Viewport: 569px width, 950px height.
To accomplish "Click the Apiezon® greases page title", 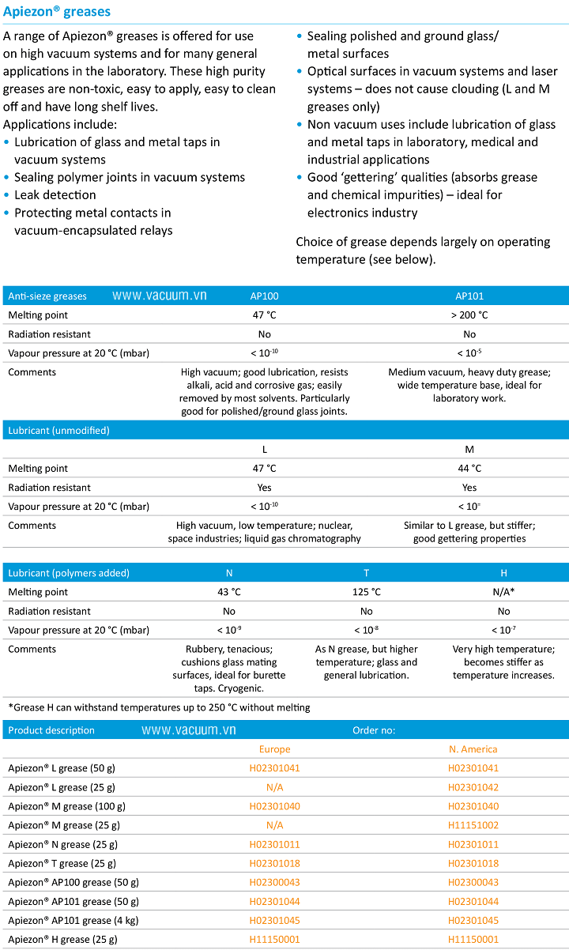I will point(57,12).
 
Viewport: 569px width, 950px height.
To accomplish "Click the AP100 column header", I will point(264,296).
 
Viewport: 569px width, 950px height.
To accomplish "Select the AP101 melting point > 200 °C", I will point(469,315).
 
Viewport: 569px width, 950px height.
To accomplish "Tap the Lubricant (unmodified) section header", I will point(58,431).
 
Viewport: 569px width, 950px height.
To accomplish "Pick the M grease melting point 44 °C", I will point(469,469).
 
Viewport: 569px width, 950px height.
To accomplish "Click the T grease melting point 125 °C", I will point(366,592).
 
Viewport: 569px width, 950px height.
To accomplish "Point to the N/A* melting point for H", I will point(503,592).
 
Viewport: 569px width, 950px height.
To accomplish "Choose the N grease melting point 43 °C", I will point(229,592).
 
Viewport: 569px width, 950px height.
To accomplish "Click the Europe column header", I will point(274,749).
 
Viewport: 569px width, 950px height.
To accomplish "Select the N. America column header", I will point(473,749).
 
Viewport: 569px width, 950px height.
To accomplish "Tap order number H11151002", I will point(473,825).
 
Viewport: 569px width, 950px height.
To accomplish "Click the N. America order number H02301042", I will point(473,787).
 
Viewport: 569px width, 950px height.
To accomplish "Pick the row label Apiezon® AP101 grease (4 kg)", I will point(73,920).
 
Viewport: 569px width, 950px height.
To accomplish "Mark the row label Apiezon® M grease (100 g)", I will point(66,806).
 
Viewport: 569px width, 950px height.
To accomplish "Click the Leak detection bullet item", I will point(55,195).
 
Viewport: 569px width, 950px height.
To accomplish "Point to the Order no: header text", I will point(374,730).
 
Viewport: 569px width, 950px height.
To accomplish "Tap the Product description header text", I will point(51,730).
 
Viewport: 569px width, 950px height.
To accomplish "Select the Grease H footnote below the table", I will point(159,707).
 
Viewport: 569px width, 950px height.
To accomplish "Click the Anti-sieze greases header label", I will point(47,296).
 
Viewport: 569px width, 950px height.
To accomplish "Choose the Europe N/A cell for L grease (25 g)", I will point(274,787).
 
